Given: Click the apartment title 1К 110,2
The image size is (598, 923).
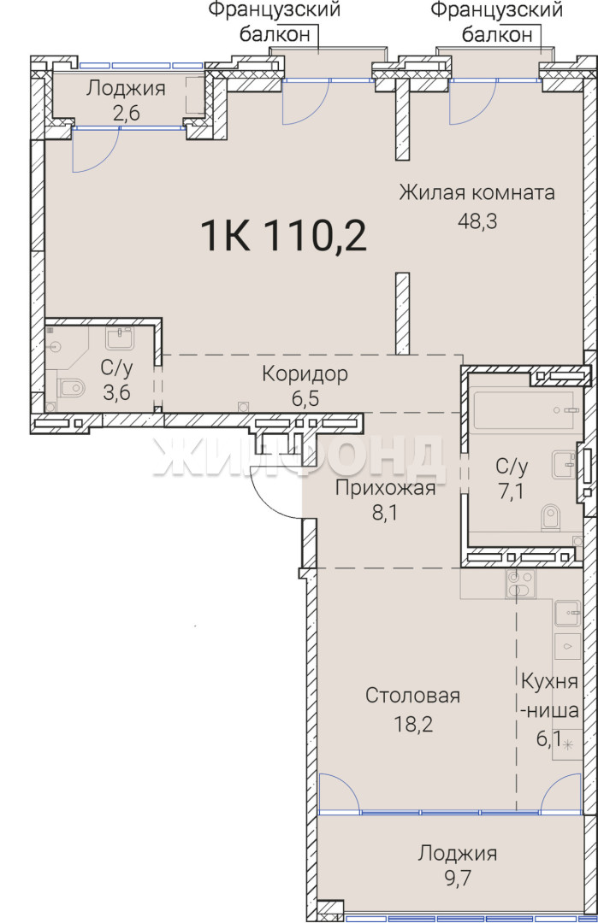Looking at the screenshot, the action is coord(283,235).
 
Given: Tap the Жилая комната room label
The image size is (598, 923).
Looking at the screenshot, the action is coord(477,192).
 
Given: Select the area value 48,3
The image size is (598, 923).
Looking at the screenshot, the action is coord(477,220).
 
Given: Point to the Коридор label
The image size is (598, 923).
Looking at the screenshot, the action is coord(305,373).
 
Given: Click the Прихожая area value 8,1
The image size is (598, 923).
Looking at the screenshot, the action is coord(385,513).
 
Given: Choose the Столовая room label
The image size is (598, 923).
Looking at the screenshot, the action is coord(412,695).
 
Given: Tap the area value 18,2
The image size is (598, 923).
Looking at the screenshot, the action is coord(413,724).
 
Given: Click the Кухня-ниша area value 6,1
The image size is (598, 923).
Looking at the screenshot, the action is coord(547,738).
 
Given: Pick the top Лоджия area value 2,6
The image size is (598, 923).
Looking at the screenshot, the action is coord(126,113).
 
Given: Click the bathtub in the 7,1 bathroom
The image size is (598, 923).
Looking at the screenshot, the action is coord(524,410).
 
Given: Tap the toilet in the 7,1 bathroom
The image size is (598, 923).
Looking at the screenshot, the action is coord(550,517).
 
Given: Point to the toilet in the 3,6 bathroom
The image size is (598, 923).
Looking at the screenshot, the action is coord(72,388).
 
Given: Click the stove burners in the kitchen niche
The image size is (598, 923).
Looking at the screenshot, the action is coord(520,585).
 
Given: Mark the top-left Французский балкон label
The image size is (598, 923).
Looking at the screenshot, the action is coord(275,21).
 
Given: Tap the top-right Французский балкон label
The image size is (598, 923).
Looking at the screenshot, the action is coord(497,21).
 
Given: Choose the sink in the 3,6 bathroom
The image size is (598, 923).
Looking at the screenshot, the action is coord(120,338).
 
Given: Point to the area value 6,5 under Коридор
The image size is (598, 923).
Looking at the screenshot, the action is coord(305,398).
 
